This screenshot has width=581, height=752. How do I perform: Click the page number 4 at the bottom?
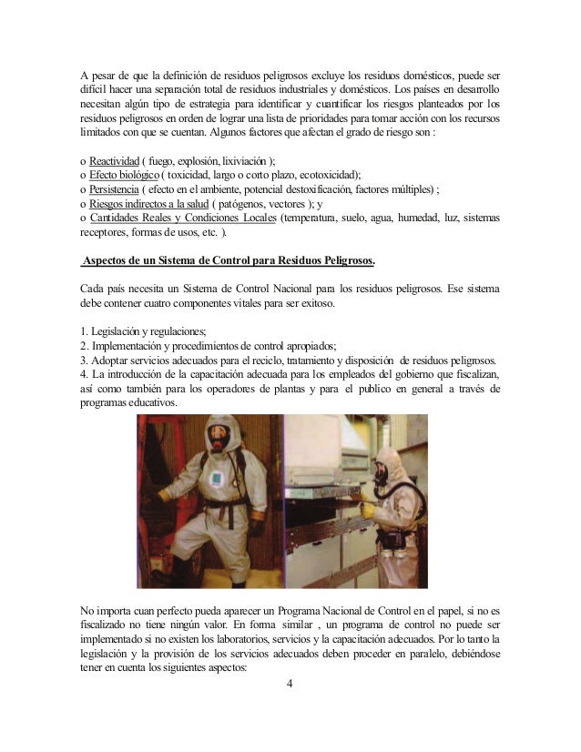pos(290,686)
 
